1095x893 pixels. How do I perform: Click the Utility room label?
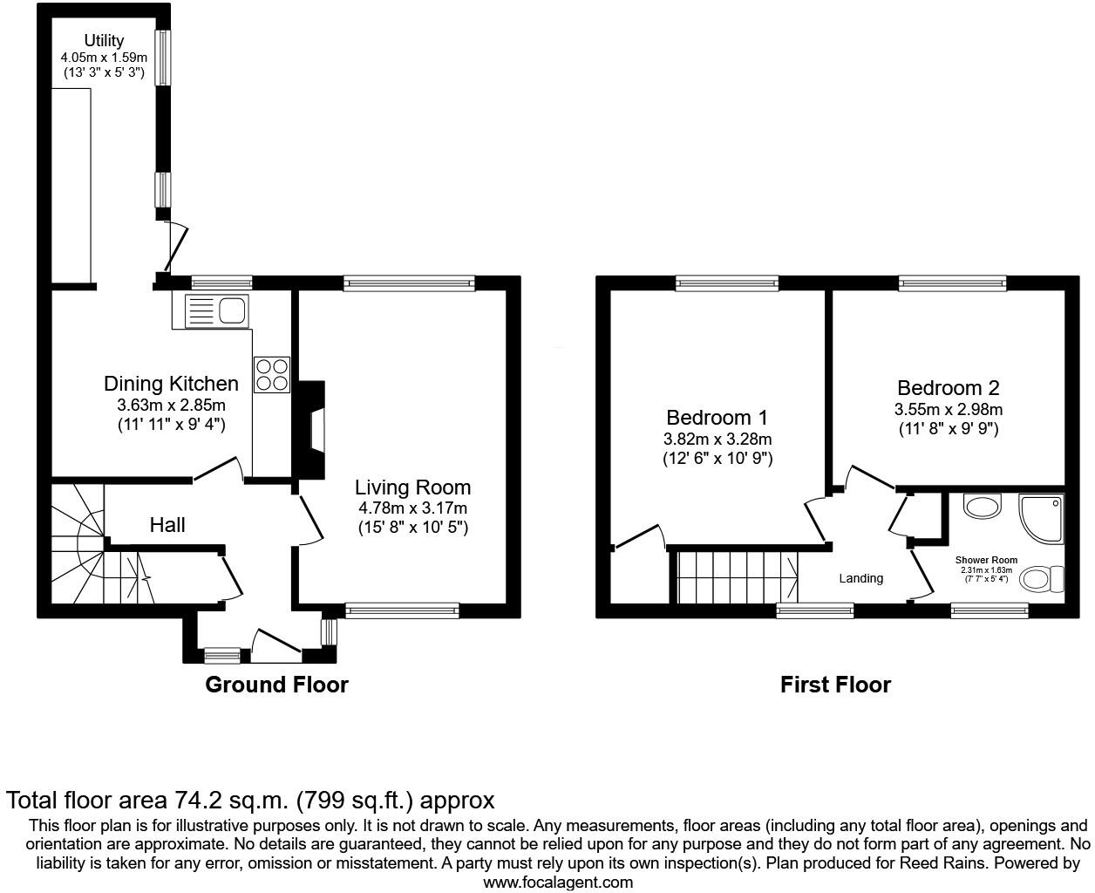coord(104,40)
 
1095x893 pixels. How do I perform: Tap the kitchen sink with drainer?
coord(217,310)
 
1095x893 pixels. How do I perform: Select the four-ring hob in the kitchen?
coord(272,375)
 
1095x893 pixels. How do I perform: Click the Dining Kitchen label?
coord(171,384)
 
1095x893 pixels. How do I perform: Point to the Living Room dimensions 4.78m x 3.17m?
coord(412,508)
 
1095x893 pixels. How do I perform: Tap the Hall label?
coord(167,525)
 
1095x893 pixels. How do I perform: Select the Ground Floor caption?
coord(276,685)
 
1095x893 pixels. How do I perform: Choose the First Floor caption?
coord(835,685)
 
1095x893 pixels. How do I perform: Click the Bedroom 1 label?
coord(717,418)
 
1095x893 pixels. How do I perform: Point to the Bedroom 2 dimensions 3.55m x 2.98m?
coord(949,410)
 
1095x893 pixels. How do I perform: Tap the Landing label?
coord(861,578)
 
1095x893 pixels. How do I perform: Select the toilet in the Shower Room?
coord(1042,577)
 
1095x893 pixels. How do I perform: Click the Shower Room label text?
coord(986,560)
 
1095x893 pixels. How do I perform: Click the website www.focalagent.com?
coord(558,882)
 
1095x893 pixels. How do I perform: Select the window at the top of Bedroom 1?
coord(726,282)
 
